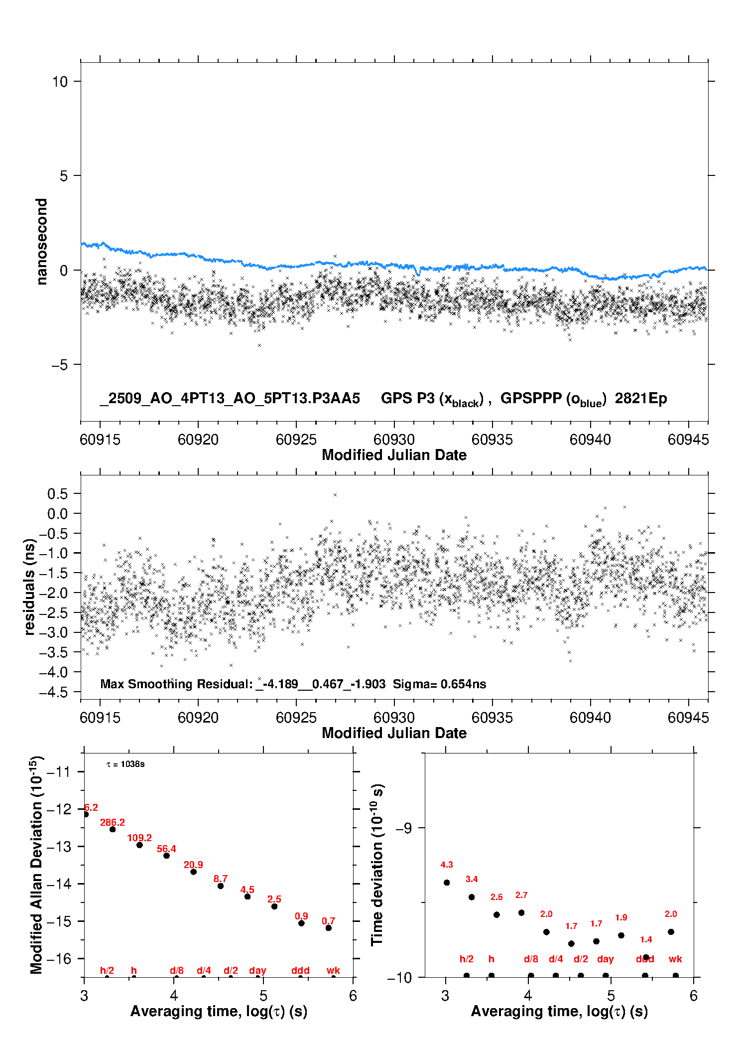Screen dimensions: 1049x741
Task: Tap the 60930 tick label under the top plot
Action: click(x=394, y=440)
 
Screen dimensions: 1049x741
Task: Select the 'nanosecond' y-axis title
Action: click(x=41, y=241)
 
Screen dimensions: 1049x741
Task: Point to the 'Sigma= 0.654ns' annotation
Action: click(x=439, y=684)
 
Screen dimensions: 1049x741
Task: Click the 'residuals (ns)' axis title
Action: click(x=30, y=587)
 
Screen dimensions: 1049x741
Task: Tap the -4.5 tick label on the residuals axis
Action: click(x=57, y=692)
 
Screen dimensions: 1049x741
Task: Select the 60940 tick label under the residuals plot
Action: click(x=590, y=718)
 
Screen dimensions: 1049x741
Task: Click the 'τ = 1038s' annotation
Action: click(x=125, y=764)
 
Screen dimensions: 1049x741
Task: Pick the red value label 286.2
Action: click(x=113, y=822)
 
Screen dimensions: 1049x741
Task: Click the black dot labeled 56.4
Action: click(x=166, y=856)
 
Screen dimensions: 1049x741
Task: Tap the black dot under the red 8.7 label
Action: click(x=221, y=886)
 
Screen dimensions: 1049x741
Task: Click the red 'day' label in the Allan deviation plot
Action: click(x=257, y=970)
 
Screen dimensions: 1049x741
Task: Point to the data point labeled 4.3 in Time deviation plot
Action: click(x=447, y=883)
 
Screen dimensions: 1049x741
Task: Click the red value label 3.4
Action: click(x=472, y=879)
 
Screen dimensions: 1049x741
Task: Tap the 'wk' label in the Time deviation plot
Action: click(x=675, y=959)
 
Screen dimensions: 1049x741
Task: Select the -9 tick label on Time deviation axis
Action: click(x=404, y=828)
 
